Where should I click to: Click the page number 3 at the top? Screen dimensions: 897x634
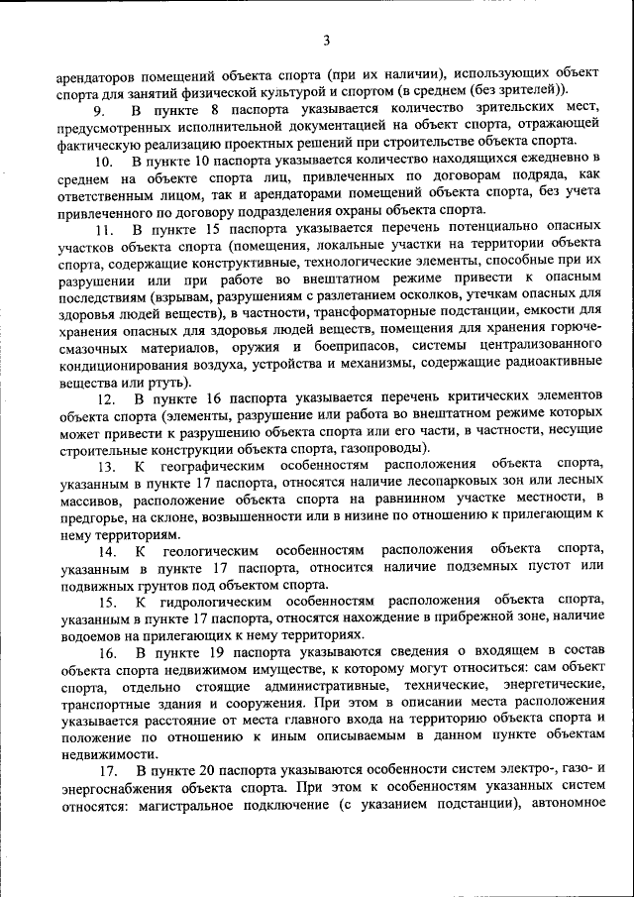326,40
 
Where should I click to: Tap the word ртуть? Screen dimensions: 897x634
175,381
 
